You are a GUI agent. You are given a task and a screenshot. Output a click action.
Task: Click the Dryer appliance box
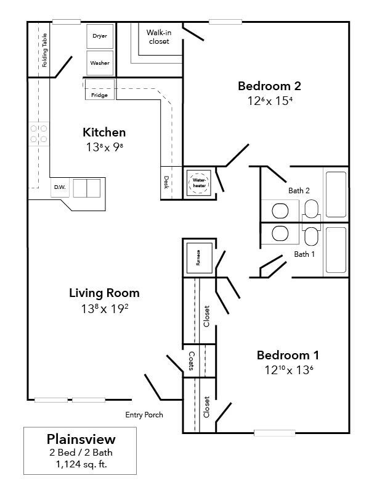coord(100,36)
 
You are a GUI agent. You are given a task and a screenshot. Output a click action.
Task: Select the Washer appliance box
coord(100,63)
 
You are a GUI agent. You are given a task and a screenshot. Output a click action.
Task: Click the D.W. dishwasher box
coord(60,187)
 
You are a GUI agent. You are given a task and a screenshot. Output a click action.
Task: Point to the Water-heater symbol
coord(200,182)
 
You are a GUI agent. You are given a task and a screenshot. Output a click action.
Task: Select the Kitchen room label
coord(104,132)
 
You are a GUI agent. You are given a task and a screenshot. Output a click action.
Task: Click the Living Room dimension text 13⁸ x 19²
coord(103,308)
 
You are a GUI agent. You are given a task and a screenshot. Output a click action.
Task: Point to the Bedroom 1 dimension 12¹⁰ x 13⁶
coord(287,370)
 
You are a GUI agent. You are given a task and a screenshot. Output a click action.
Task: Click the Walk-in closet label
coord(158,37)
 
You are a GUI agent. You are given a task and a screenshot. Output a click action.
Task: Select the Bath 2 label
coord(299,190)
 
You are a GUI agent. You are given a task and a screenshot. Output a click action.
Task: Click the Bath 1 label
coord(304,254)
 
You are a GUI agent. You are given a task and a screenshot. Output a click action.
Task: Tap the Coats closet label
coord(192,361)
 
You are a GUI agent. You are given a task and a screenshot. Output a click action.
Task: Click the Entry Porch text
coord(144,415)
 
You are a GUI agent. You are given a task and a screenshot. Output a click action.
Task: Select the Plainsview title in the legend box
coord(81,440)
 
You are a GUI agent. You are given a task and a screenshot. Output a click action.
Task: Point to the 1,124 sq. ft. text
coord(81,464)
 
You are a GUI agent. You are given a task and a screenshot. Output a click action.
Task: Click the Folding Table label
coord(44,54)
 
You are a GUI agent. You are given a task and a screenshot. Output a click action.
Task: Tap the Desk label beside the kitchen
coord(166,182)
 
